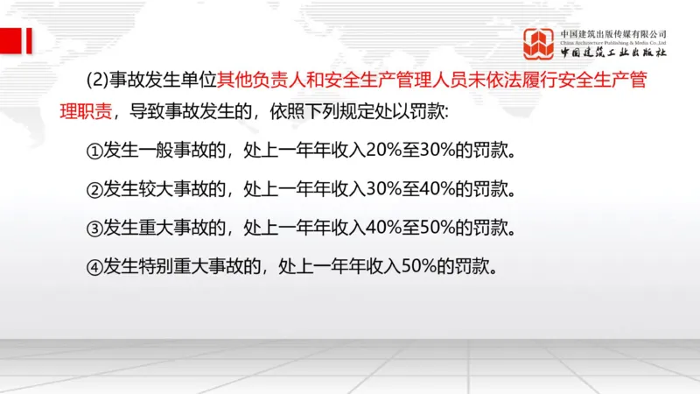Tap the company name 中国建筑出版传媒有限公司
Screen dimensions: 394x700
click(613, 32)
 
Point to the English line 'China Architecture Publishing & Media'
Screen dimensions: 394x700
click(613, 42)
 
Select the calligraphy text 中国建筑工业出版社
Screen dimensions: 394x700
click(613, 53)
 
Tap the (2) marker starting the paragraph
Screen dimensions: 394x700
click(97, 81)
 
